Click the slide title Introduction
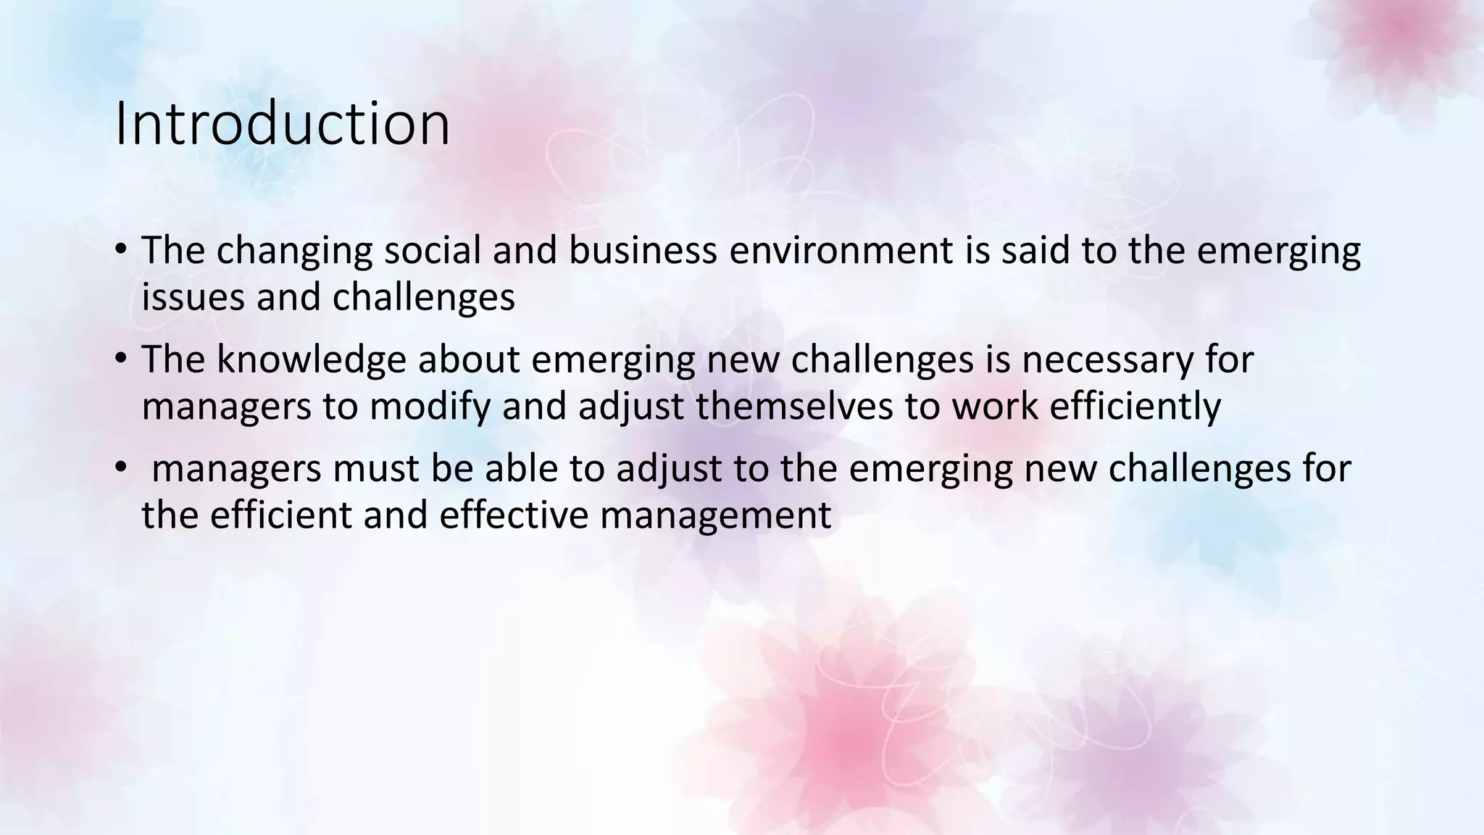pos(282,124)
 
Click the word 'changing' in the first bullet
pos(294,251)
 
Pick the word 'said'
pos(1034,251)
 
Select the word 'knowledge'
pos(311,360)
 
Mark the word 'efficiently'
pos(1135,407)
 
